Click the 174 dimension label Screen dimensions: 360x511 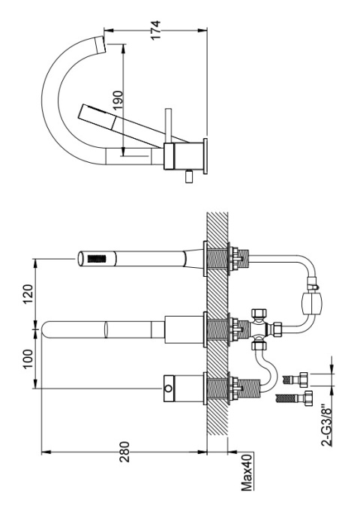coord(156,30)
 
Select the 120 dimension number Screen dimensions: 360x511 coord(28,294)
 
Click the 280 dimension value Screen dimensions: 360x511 coord(124,452)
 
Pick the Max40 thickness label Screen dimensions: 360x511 coord(247,471)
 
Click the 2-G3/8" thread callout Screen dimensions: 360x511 coord(327,425)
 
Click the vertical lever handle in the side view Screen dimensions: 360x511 coord(169,125)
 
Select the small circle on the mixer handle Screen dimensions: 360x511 coord(169,388)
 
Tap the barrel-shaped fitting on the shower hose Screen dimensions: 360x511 coord(312,303)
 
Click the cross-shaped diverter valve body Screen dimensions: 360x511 coord(259,329)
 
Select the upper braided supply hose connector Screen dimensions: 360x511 coord(295,379)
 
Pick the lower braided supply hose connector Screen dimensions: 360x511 coord(294,398)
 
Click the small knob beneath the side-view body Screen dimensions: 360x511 coord(189,176)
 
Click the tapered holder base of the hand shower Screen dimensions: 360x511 coord(193,259)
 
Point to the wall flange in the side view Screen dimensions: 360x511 coord(205,156)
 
